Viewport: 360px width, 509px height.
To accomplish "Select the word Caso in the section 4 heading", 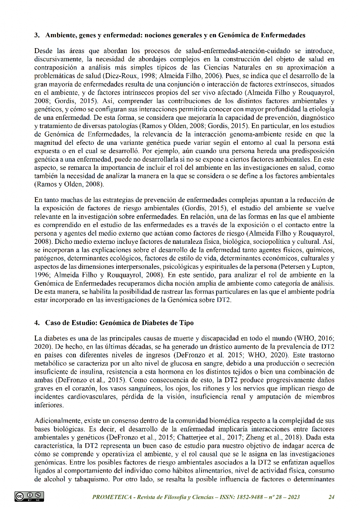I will pyautogui.click(x=53, y=323).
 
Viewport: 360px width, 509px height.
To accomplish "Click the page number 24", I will pyautogui.click(x=331, y=497).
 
